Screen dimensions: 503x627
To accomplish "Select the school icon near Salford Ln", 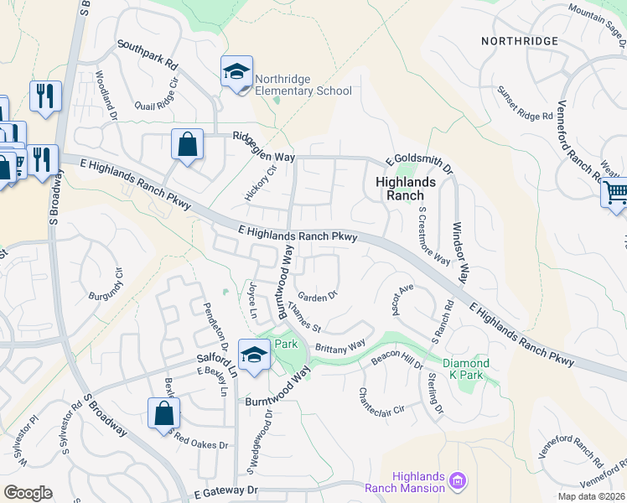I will click(x=253, y=355).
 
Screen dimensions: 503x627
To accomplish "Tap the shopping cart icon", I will click(x=614, y=194).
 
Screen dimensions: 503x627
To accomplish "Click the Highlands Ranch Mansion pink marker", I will click(x=457, y=480).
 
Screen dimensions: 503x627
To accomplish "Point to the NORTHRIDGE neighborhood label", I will click(x=520, y=40).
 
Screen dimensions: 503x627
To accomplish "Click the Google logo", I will click(x=28, y=493).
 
